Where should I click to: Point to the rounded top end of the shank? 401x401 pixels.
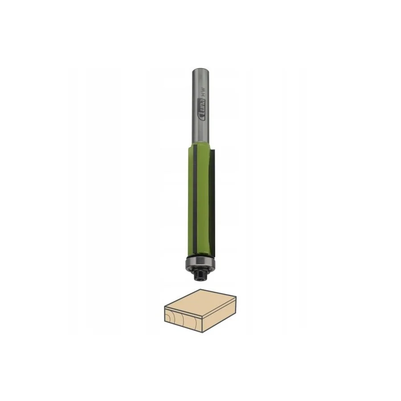click(x=201, y=70)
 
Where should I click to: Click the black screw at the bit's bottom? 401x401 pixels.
click(x=200, y=275)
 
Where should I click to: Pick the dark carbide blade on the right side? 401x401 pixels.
click(x=213, y=201)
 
